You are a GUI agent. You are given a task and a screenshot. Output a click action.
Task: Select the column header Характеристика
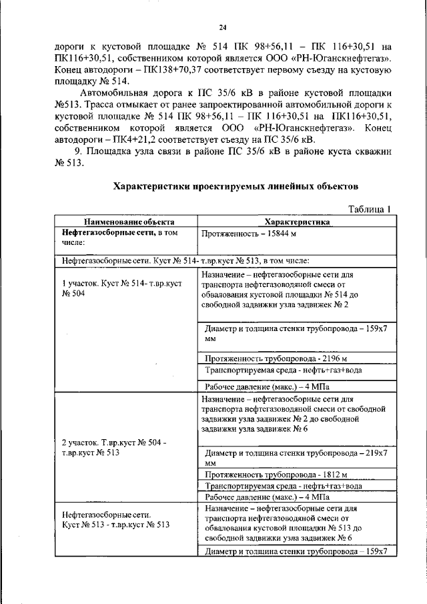(x=293, y=222)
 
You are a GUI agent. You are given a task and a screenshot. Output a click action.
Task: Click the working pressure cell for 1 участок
(x=267, y=386)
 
